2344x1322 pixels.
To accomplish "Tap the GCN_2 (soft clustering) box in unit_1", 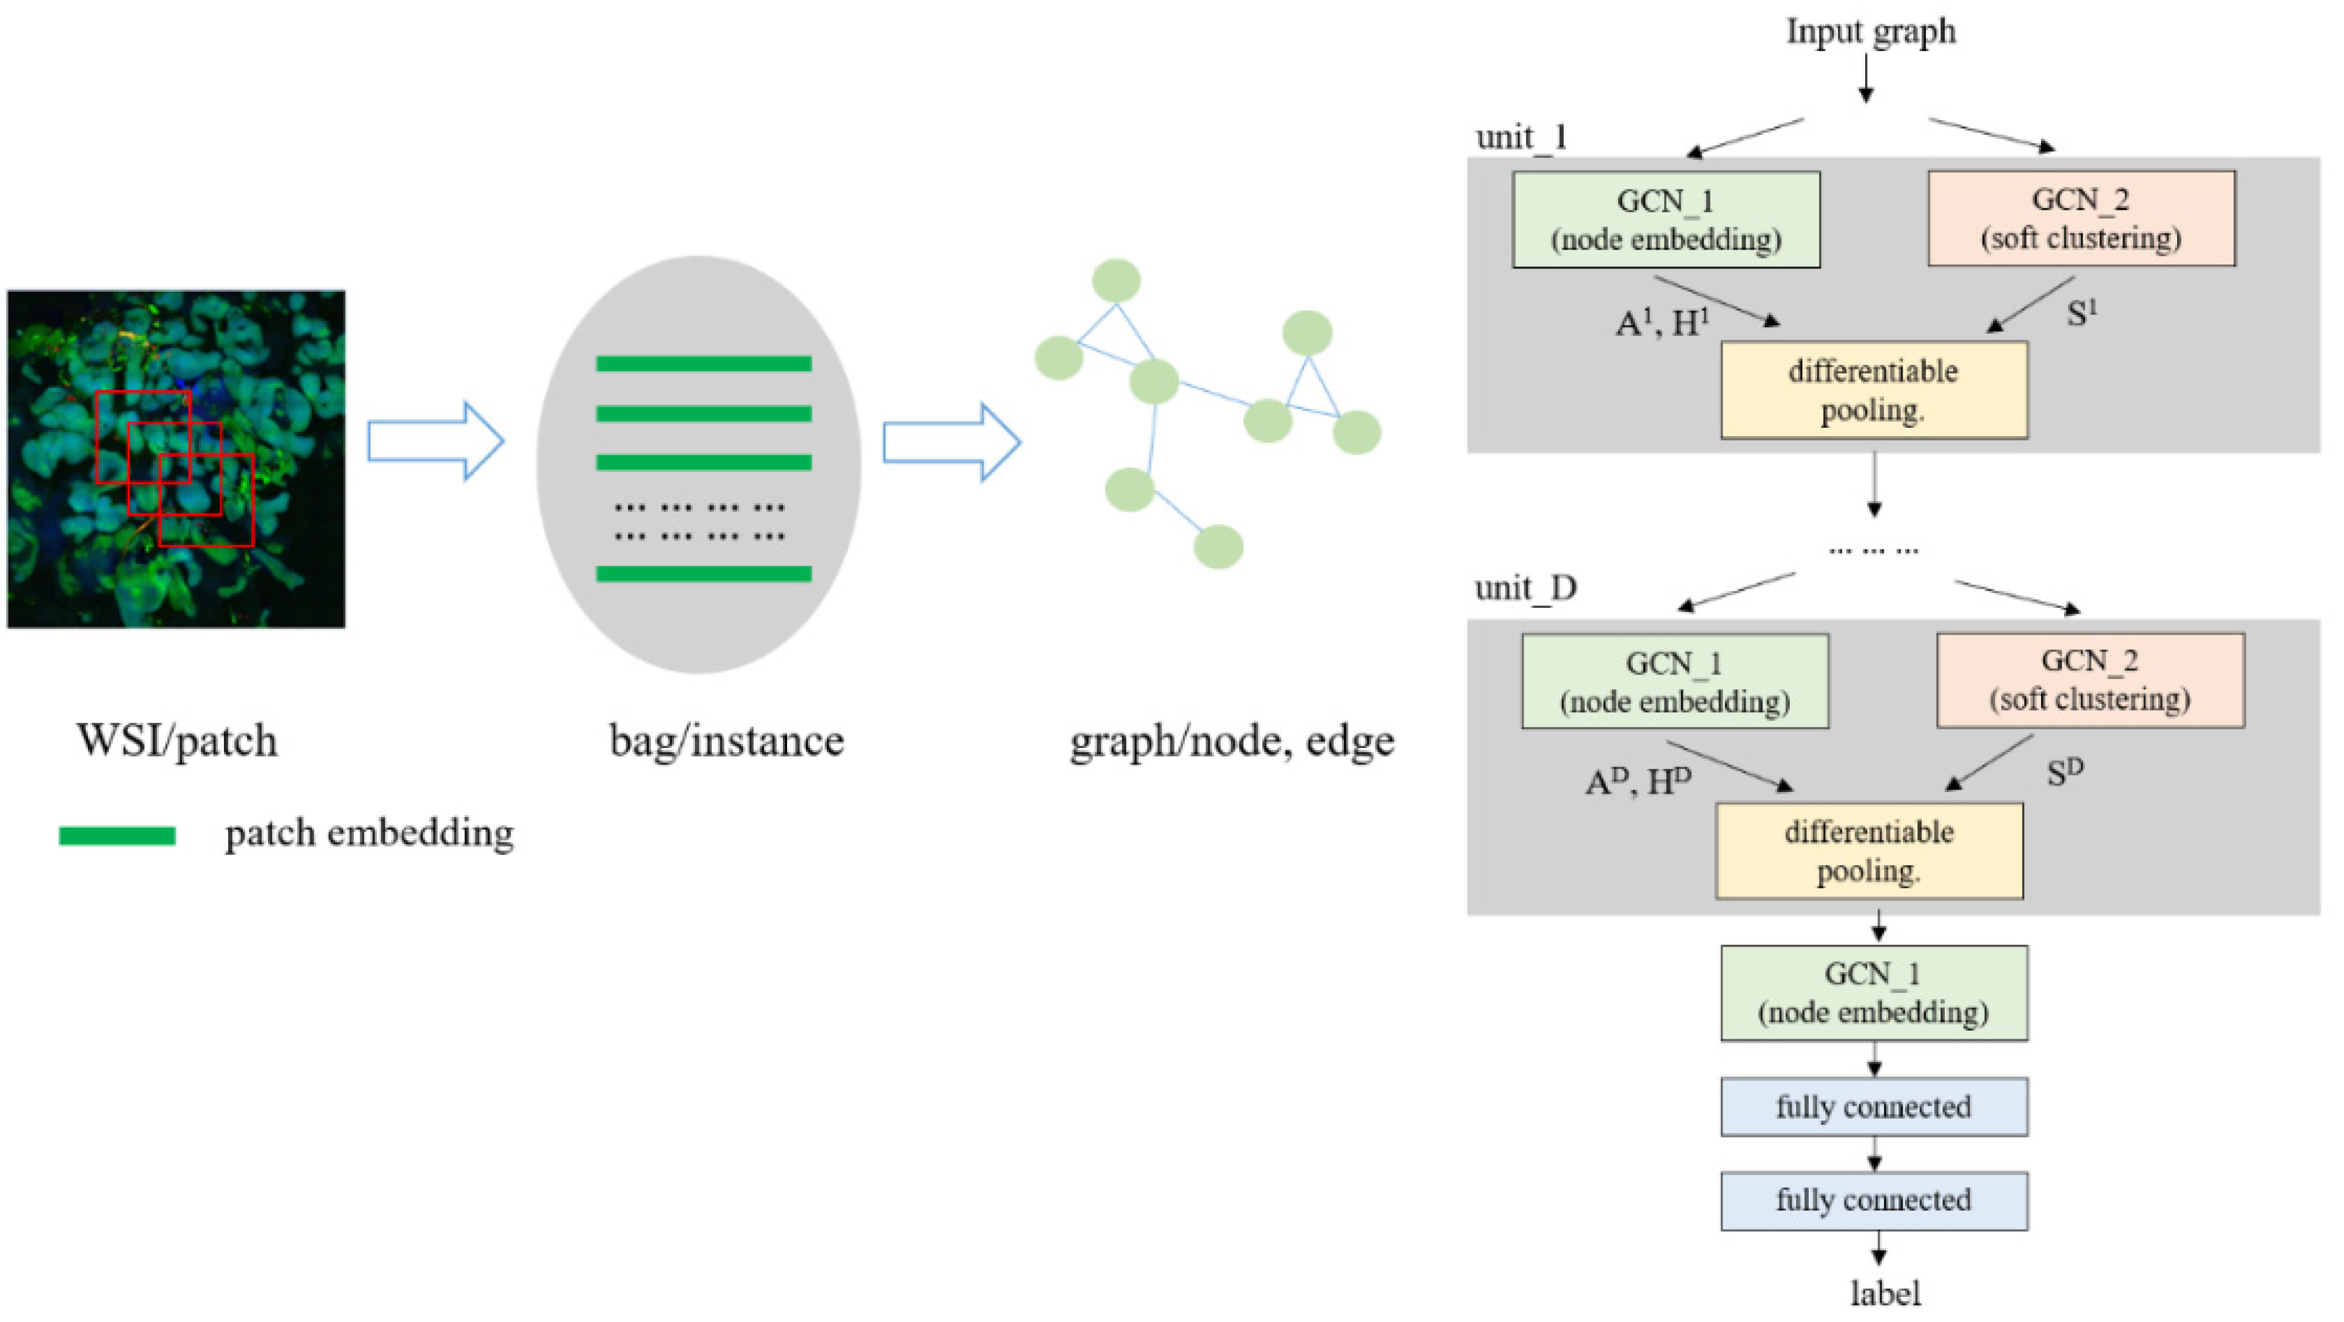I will click(2081, 219).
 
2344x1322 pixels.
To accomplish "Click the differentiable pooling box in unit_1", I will click(1874, 389).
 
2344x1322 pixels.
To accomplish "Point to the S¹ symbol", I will click(2081, 313).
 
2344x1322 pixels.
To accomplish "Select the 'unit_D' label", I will click(1526, 589).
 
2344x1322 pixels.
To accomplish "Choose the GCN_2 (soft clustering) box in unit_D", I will click(2090, 680).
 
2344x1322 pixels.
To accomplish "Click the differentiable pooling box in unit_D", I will click(1869, 851).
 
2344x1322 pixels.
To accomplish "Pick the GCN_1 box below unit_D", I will click(1874, 993).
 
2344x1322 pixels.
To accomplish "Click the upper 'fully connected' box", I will click(1874, 1106).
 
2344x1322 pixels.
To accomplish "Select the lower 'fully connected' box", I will click(1874, 1200).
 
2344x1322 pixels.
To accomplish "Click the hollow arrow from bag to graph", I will click(951, 442).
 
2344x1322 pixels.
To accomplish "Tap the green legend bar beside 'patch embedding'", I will click(118, 835).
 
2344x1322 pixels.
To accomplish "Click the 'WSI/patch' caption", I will click(176, 740).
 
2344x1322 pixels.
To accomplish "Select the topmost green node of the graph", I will click(1116, 280).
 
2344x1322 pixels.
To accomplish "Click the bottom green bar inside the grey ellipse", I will click(703, 573).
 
